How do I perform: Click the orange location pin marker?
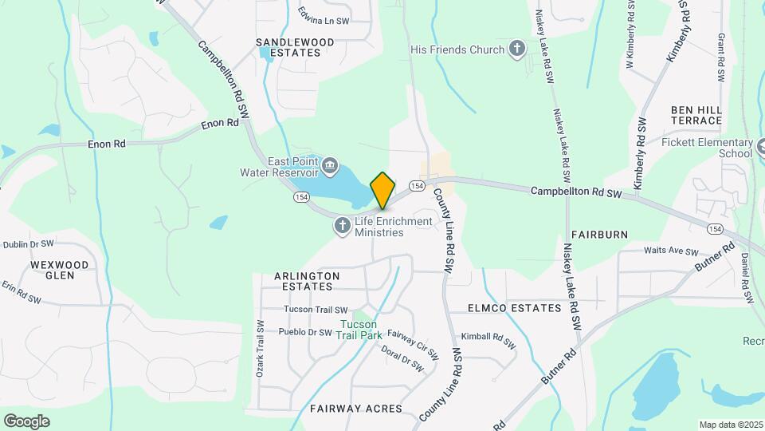click(x=383, y=189)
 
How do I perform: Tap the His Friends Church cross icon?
click(x=518, y=49)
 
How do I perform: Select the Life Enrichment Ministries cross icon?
click(x=343, y=227)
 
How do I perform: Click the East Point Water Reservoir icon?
click(x=331, y=167)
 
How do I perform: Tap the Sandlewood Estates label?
click(x=288, y=47)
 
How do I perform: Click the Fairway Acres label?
click(x=356, y=409)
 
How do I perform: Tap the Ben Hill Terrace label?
click(x=696, y=115)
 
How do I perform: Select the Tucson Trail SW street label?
click(x=316, y=310)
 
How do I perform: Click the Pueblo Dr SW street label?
click(x=304, y=331)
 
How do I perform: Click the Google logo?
click(x=26, y=421)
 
